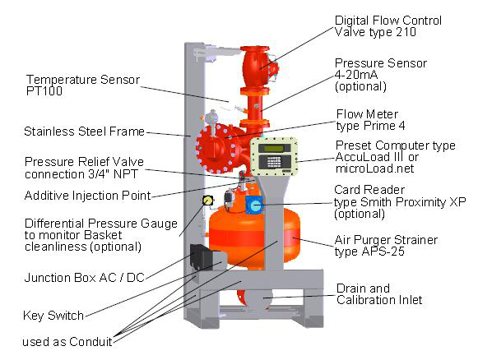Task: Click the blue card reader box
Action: point(254,205)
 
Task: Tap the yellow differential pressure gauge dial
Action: point(207,200)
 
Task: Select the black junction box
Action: point(200,256)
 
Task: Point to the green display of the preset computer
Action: point(274,148)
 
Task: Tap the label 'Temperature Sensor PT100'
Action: point(83,85)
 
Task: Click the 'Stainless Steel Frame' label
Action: point(84,132)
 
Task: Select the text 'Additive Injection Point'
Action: point(87,196)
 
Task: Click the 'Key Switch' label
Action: point(53,316)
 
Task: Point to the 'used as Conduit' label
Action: point(67,342)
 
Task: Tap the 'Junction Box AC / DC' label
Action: point(84,278)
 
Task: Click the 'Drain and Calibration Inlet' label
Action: point(379,294)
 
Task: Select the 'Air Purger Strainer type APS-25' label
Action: point(386,246)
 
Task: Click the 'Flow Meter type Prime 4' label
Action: point(371,120)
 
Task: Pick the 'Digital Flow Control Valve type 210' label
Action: point(388,26)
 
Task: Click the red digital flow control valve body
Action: point(256,68)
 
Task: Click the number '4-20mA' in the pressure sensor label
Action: point(356,75)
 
